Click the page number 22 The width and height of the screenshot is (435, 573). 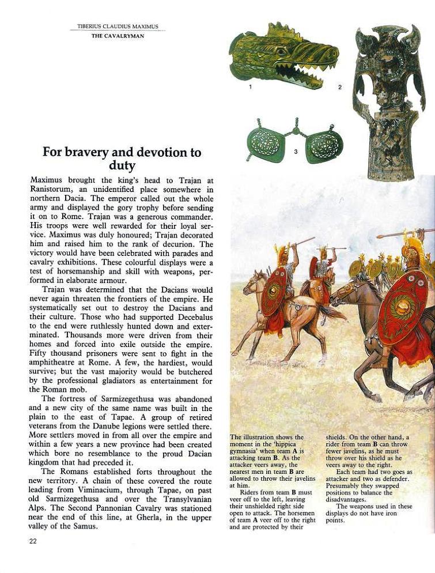click(x=32, y=541)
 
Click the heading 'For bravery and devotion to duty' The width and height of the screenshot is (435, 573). click(x=122, y=159)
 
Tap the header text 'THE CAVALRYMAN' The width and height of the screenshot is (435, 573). click(x=118, y=36)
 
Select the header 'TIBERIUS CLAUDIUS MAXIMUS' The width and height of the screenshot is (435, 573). click(x=118, y=27)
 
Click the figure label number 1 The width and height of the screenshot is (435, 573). click(x=250, y=87)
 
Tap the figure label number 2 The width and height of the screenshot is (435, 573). click(x=340, y=87)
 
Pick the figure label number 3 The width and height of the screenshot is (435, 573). click(x=295, y=152)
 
